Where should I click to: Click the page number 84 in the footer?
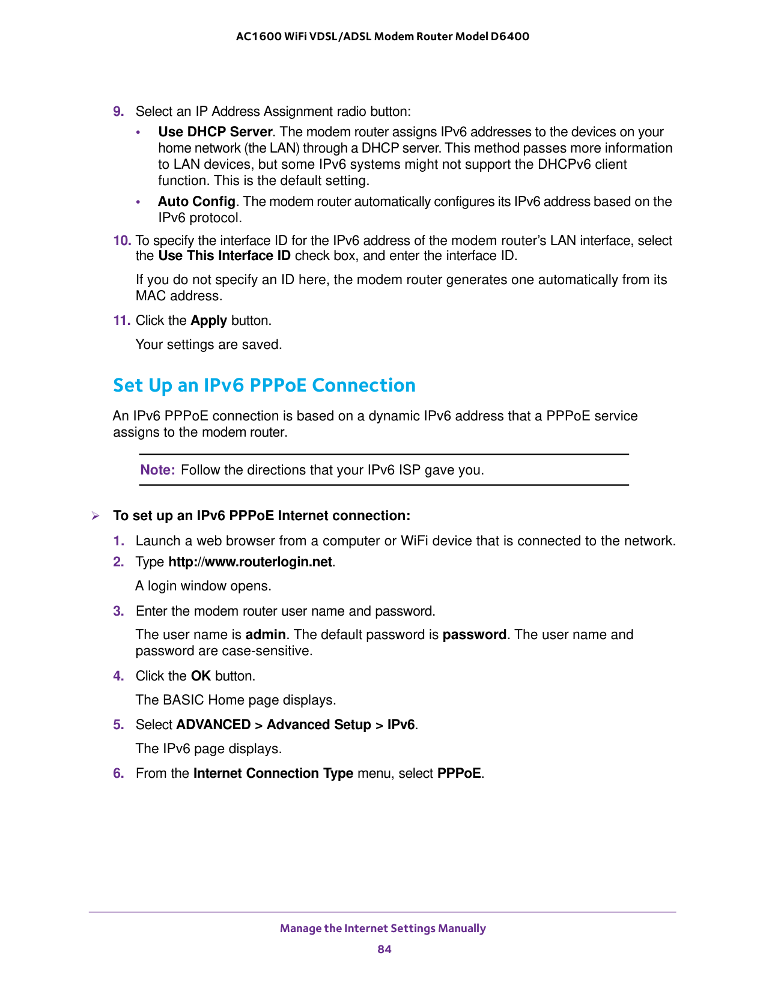point(385,949)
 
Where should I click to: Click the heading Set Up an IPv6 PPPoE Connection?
point(264,385)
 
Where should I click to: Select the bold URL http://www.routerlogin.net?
point(250,562)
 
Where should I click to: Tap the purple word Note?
point(157,470)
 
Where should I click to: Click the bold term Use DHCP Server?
point(215,132)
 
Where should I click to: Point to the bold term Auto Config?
point(196,201)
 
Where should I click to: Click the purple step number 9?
point(118,111)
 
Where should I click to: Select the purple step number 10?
point(122,240)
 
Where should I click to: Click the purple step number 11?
point(122,320)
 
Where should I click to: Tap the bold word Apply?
point(208,320)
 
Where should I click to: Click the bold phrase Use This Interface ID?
point(224,256)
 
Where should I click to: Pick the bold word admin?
point(266,634)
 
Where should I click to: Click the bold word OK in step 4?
point(201,676)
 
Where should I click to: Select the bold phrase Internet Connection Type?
point(273,773)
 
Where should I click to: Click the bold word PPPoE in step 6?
point(459,773)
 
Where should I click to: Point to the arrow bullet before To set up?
point(95,515)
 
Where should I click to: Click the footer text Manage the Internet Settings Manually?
point(383,928)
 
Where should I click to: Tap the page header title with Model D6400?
point(383,36)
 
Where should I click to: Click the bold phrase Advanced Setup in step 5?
point(318,724)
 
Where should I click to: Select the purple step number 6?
point(118,773)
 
